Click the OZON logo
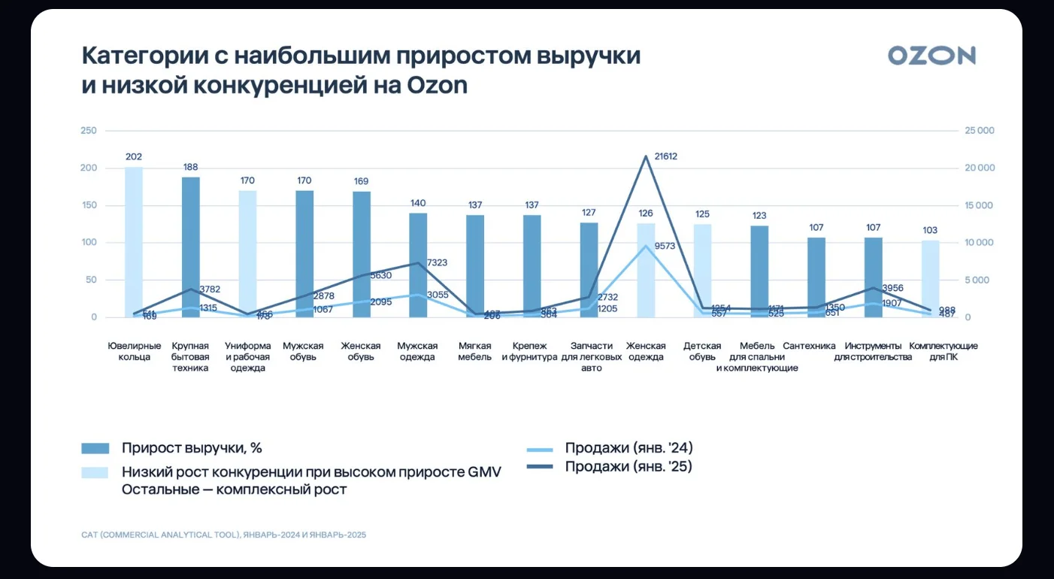[x=931, y=56]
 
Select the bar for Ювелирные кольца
[x=134, y=241]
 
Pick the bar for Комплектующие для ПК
[x=930, y=278]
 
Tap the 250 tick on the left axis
[x=89, y=131]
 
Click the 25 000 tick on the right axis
[x=980, y=131]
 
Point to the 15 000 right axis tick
[x=980, y=205]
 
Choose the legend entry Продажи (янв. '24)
[x=628, y=448]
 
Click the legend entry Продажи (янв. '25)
[x=628, y=467]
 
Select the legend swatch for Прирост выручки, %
[x=95, y=448]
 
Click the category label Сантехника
[x=809, y=346]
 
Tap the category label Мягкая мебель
[x=475, y=351]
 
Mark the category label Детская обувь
[x=702, y=351]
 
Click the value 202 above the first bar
[x=134, y=157]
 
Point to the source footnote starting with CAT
[x=224, y=535]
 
